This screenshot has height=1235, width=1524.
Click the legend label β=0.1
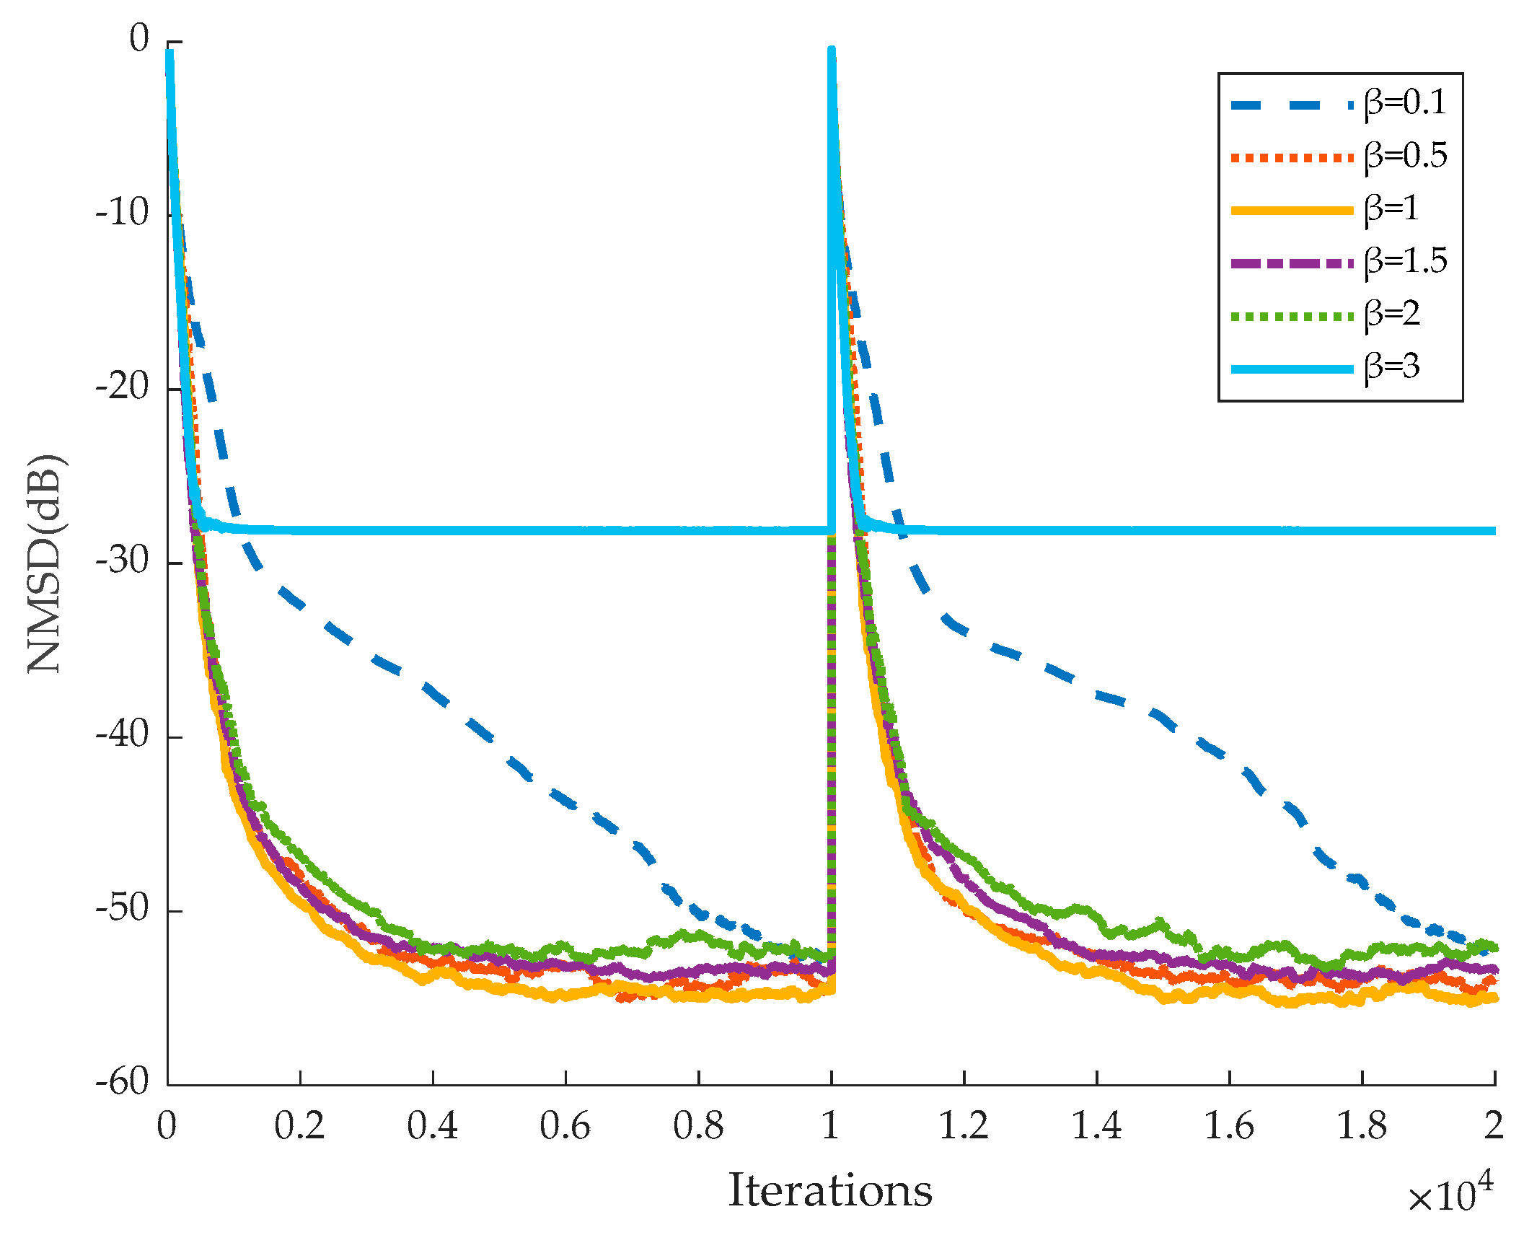pos(1405,103)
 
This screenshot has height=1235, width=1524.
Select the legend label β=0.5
pos(1405,156)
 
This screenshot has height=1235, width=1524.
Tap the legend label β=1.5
pos(1405,261)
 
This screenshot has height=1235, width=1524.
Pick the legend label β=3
pos(1392,367)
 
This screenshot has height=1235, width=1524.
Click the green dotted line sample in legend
pos(1291,316)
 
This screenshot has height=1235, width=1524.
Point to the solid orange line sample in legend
pos(1291,211)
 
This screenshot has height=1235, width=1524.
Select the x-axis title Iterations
pos(830,1190)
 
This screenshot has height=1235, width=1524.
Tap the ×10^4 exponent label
pos(1450,1194)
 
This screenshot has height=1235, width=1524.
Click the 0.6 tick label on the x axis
pos(565,1126)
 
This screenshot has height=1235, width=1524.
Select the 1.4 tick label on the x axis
pos(1096,1126)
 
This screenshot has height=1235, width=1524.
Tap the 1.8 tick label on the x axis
pos(1361,1126)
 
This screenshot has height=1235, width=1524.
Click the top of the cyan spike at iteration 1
pos(831,50)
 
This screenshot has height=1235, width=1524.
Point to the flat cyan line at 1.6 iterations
pos(1229,530)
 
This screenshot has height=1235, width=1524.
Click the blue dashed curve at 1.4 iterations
pos(1096,694)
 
